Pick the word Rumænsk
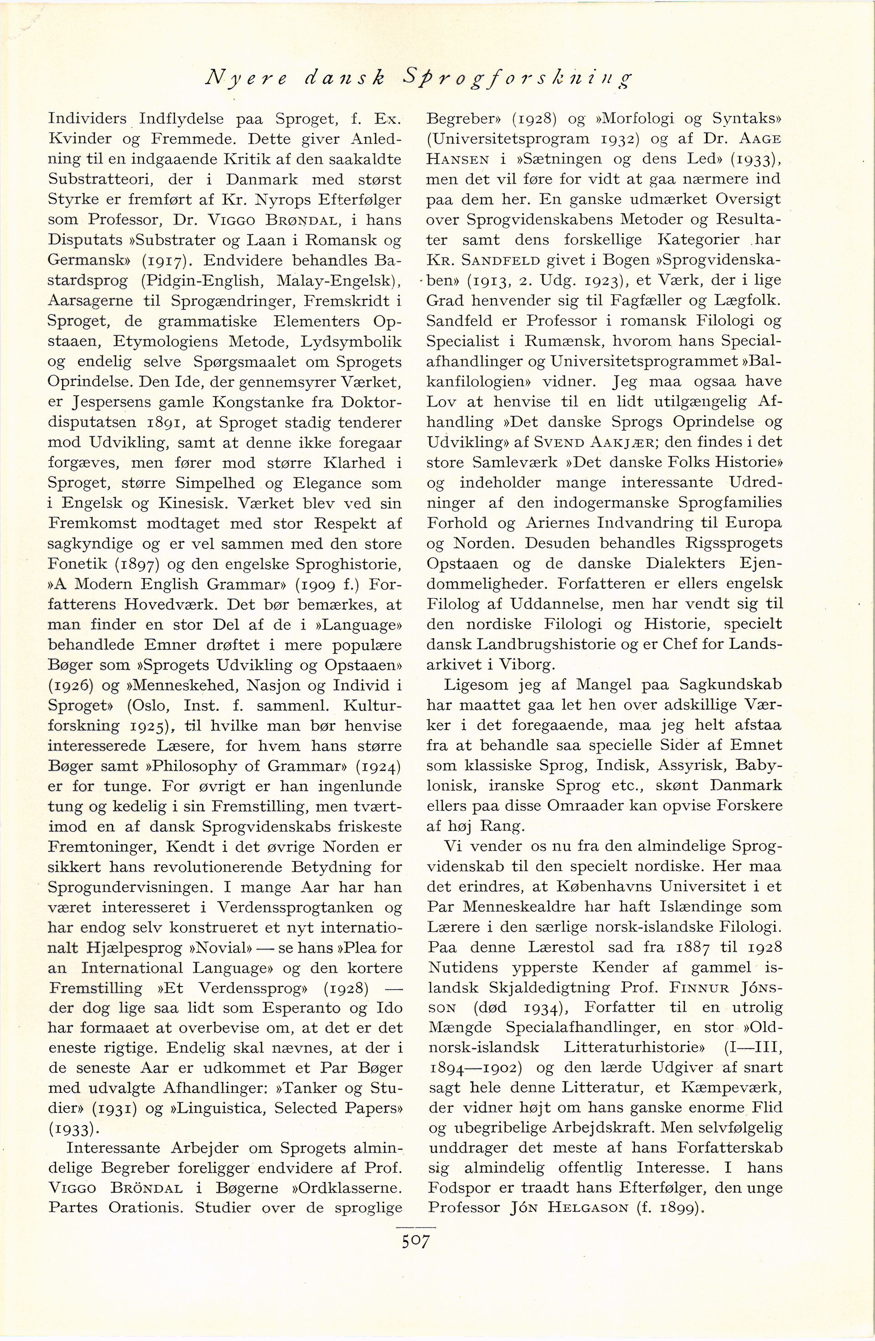558,341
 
